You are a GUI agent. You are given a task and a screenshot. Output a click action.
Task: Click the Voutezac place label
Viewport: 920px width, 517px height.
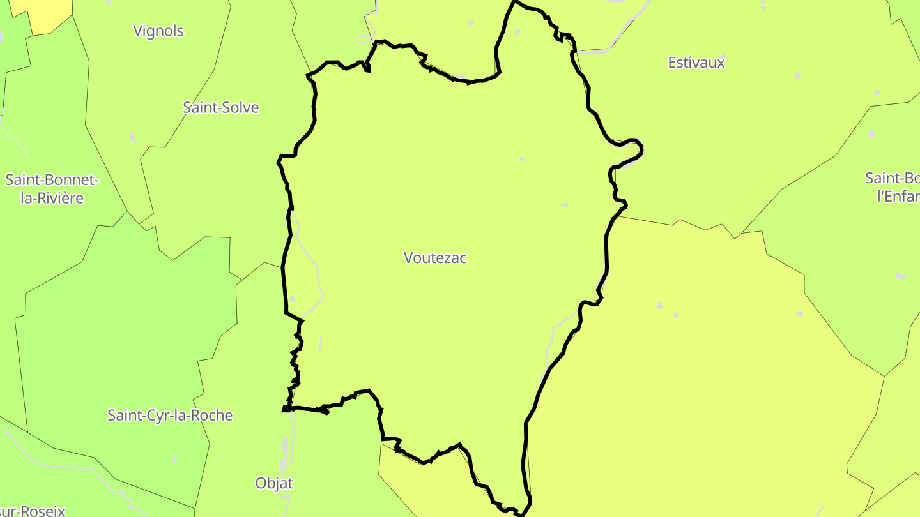click(x=435, y=258)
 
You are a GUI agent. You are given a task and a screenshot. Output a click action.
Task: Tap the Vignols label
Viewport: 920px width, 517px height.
click(x=158, y=31)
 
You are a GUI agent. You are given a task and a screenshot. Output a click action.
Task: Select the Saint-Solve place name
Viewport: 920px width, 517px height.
click(x=221, y=107)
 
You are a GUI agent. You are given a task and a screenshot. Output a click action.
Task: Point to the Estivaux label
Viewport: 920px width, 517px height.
click(x=696, y=63)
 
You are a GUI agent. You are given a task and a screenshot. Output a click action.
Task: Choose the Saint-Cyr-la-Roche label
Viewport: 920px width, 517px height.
click(x=170, y=416)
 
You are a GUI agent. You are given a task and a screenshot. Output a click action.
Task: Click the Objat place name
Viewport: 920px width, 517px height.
click(x=274, y=483)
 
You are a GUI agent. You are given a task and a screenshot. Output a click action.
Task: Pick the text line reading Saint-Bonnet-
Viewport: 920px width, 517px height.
click(x=52, y=179)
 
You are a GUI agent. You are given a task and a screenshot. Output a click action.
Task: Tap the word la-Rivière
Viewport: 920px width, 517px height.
click(x=52, y=199)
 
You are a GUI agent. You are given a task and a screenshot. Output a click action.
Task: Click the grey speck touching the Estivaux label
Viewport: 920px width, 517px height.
click(x=721, y=56)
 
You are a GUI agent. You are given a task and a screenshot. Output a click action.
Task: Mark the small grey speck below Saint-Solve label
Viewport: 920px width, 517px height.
click(x=133, y=137)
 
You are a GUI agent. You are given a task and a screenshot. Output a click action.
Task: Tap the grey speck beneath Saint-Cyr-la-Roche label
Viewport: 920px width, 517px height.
click(x=174, y=460)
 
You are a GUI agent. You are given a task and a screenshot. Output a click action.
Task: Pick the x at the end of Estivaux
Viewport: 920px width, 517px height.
click(x=721, y=63)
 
